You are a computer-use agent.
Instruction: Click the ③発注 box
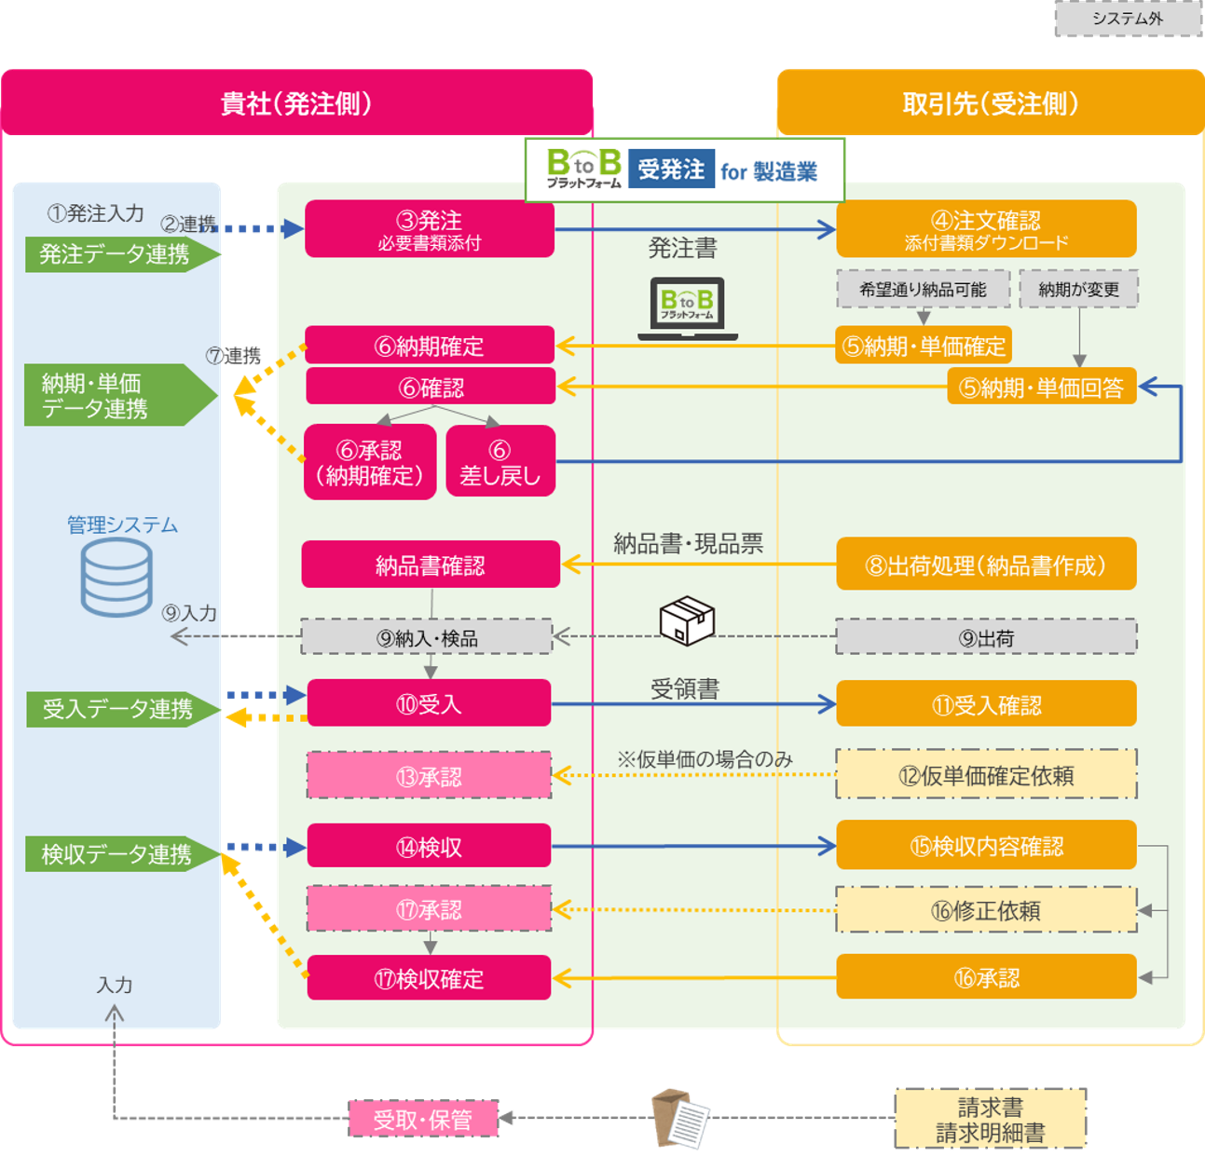pyautogui.click(x=430, y=228)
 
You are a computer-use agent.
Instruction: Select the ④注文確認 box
pyautogui.click(x=986, y=229)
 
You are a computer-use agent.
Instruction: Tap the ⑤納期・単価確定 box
pyautogui.click(x=924, y=346)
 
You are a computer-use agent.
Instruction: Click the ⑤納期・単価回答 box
pyautogui.click(x=1041, y=387)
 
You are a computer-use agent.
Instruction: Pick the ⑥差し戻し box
pyautogui.click(x=500, y=462)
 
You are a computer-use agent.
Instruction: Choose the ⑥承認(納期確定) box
pyautogui.click(x=370, y=462)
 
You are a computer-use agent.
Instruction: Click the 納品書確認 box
pyautogui.click(x=431, y=565)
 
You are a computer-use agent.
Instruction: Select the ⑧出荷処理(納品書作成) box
pyautogui.click(x=986, y=565)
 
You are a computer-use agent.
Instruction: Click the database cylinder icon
pyautogui.click(x=116, y=578)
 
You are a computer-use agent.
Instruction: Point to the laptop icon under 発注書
pyautogui.click(x=688, y=308)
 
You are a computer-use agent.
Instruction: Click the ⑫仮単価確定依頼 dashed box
pyautogui.click(x=986, y=774)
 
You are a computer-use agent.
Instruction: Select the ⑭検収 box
pyautogui.click(x=429, y=847)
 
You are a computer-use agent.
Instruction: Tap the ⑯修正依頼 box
pyautogui.click(x=986, y=910)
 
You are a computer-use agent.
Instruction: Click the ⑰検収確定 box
pyautogui.click(x=429, y=978)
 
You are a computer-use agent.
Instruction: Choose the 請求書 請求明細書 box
pyautogui.click(x=991, y=1119)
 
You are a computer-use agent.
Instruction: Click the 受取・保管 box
pyautogui.click(x=423, y=1119)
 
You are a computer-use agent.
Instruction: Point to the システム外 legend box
pyautogui.click(x=1128, y=19)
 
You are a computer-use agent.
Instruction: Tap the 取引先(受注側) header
pyautogui.click(x=991, y=103)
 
